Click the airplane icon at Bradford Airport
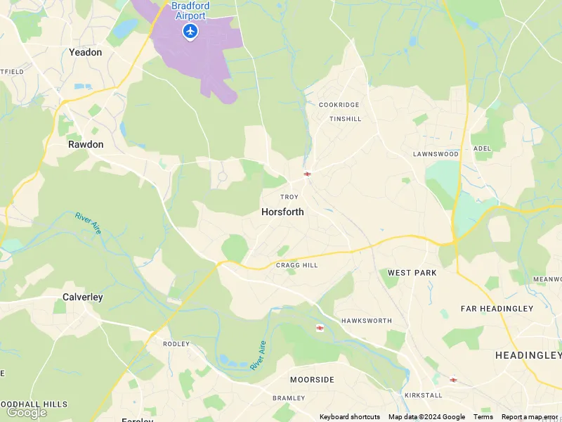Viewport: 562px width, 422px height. [190, 31]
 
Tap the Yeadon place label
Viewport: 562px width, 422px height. [85, 52]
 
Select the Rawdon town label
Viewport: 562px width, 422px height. [86, 144]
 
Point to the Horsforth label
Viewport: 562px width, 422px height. [282, 211]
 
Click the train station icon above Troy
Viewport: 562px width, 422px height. [307, 174]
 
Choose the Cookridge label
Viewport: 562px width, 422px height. [339, 105]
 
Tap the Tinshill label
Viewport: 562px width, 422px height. [346, 119]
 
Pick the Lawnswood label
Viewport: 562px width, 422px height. [436, 154]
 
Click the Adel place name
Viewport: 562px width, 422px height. [482, 149]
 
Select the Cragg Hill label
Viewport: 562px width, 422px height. [296, 265]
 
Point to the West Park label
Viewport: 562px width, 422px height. [412, 273]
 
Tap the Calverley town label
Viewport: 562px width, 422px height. [83, 297]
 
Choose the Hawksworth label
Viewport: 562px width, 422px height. [366, 321]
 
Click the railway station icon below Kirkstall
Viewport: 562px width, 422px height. [453, 380]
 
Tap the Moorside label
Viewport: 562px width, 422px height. [312, 380]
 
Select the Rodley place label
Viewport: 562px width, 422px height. [176, 344]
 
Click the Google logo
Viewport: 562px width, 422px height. [26, 412]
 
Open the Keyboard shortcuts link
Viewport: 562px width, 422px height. [350, 417]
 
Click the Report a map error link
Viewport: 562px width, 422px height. [530, 417]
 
